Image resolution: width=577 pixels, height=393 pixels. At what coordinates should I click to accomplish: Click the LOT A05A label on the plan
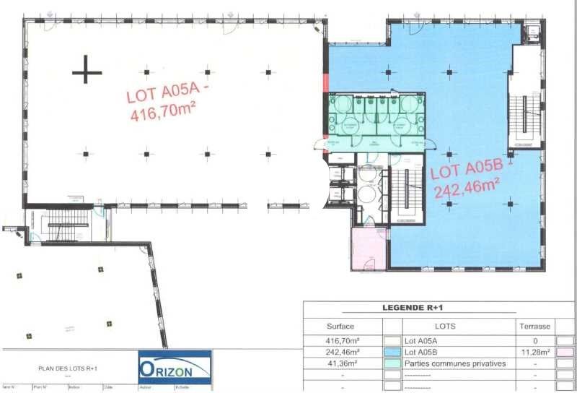pyautogui.click(x=167, y=94)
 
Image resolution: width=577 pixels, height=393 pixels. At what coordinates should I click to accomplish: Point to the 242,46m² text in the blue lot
pyautogui.click(x=467, y=189)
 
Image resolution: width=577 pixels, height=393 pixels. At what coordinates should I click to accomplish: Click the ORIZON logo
pyautogui.click(x=175, y=368)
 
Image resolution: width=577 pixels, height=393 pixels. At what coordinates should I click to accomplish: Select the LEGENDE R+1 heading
pyautogui.click(x=413, y=308)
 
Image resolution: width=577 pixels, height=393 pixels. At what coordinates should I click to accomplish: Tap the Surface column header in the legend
pyautogui.click(x=340, y=326)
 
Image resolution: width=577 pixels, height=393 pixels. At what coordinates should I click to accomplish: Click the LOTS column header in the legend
pyautogui.click(x=441, y=326)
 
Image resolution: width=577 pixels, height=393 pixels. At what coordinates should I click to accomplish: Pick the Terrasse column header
pyautogui.click(x=535, y=326)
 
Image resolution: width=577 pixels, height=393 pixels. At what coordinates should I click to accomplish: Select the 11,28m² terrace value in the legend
pyautogui.click(x=535, y=351)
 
